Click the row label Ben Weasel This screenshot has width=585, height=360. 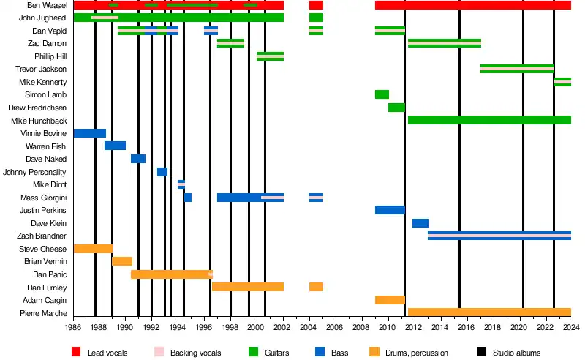pyautogui.click(x=48, y=5)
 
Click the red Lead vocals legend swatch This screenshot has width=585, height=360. pyautogui.click(x=76, y=353)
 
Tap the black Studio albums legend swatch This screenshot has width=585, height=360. pyautogui.click(x=481, y=353)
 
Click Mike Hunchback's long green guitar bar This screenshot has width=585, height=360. pyautogui.click(x=489, y=120)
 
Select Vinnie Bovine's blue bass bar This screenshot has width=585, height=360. pyautogui.click(x=90, y=133)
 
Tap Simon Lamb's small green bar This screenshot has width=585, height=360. pyautogui.click(x=382, y=94)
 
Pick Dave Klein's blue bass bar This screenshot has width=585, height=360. pyautogui.click(x=420, y=223)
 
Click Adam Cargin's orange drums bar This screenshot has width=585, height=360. pyautogui.click(x=390, y=300)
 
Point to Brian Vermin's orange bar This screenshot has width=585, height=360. pyautogui.click(x=122, y=261)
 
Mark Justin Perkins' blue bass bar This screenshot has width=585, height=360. pyautogui.click(x=390, y=210)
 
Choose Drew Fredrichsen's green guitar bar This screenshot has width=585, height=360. pyautogui.click(x=396, y=108)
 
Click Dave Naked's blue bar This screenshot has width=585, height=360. pyautogui.click(x=138, y=159)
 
